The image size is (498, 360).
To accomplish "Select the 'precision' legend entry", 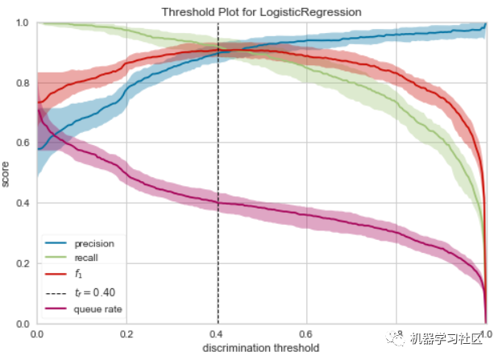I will pos(93,243).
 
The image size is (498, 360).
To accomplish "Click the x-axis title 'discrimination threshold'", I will pos(259,347).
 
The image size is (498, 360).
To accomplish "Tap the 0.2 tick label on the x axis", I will pos(126,333).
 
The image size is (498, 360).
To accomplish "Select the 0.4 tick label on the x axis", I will pos(216,333).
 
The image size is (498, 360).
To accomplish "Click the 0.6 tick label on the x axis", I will pos(305,333).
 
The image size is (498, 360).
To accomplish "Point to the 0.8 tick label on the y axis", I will pos(23,83).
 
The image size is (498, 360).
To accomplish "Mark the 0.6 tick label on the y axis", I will pos(23,143).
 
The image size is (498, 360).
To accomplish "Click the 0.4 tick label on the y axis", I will pos(23,204).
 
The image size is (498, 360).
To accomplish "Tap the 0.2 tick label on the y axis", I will pos(23,264).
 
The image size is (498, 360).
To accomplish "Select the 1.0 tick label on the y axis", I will pos(23,23).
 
